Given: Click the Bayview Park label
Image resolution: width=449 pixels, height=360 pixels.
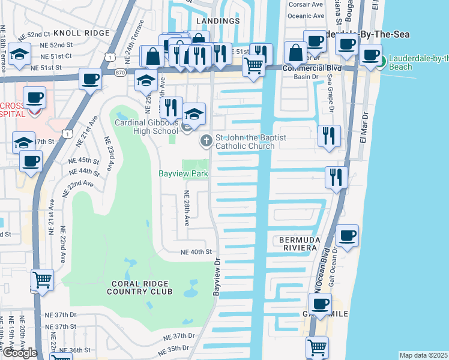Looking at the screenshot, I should click(183, 173).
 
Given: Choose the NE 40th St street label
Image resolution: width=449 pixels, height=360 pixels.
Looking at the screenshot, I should click(196, 253).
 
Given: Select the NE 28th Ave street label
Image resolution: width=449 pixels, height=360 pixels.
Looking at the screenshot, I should click(187, 208).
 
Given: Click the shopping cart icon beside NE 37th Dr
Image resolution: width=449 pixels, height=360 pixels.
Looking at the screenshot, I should click(42, 280).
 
